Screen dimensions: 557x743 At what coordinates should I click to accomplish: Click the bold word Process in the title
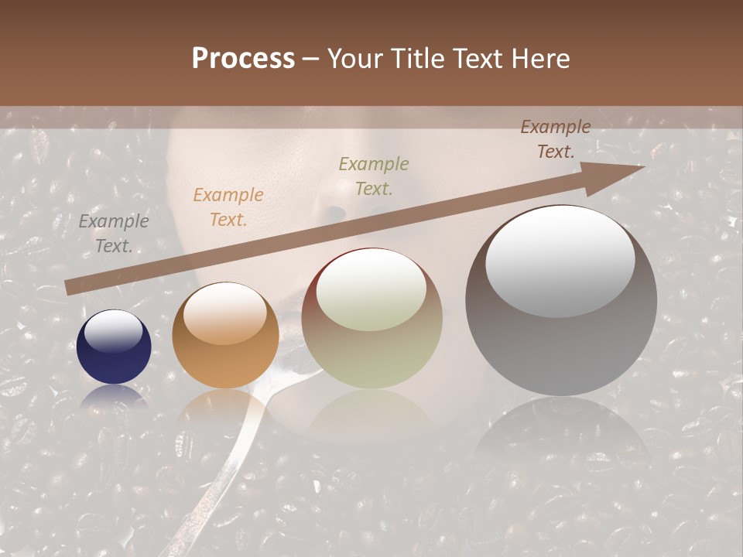pos(243,59)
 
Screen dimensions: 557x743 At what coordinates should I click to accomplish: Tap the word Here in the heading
pos(541,59)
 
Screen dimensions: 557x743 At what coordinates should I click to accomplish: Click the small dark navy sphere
pos(114,347)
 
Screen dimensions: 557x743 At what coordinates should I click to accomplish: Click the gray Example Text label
pos(114,234)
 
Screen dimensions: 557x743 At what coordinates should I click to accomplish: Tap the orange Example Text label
pos(228,207)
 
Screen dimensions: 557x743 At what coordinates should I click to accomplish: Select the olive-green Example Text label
pos(374,176)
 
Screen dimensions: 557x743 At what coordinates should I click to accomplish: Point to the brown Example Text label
pos(555,139)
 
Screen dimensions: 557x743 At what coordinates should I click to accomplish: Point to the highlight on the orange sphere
pos(224,313)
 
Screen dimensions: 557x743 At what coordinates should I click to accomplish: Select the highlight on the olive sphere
pos(371,289)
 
